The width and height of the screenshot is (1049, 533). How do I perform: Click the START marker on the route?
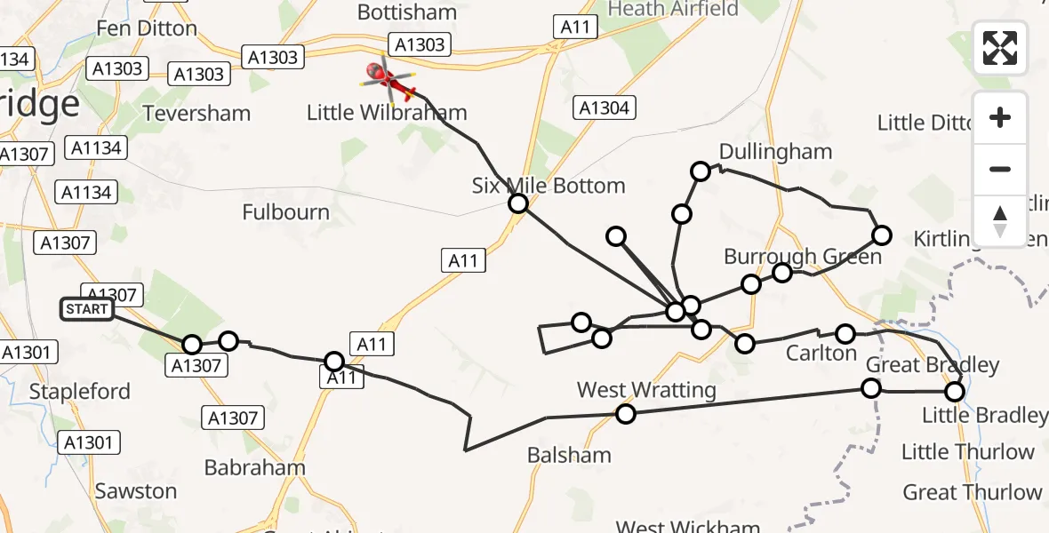pyautogui.click(x=87, y=309)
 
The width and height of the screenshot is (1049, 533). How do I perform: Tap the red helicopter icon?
pyautogui.click(x=388, y=81)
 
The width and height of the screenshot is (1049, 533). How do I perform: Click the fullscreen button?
pyautogui.click(x=1000, y=48)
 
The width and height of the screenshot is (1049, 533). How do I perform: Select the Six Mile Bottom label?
pyautogui.click(x=549, y=186)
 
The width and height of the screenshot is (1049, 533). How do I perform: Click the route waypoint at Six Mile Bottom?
pyautogui.click(x=518, y=203)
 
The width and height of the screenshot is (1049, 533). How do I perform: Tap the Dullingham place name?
pyautogui.click(x=775, y=151)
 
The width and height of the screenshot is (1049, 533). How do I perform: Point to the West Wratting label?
pyautogui.click(x=646, y=390)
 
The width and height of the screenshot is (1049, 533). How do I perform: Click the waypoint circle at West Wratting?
pyautogui.click(x=626, y=413)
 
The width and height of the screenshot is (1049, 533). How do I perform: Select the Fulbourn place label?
pyautogui.click(x=285, y=212)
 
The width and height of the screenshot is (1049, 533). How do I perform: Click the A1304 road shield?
pyautogui.click(x=604, y=108)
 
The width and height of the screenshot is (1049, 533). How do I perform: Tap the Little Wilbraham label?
pyautogui.click(x=387, y=113)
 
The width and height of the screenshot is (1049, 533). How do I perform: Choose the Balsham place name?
pyautogui.click(x=569, y=455)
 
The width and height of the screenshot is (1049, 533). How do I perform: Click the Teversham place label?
pyautogui.click(x=197, y=114)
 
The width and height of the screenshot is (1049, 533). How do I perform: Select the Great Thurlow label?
pyautogui.click(x=973, y=492)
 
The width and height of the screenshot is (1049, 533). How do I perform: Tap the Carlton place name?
pyautogui.click(x=821, y=353)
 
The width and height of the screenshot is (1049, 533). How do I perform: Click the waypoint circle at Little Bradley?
pyautogui.click(x=955, y=391)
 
